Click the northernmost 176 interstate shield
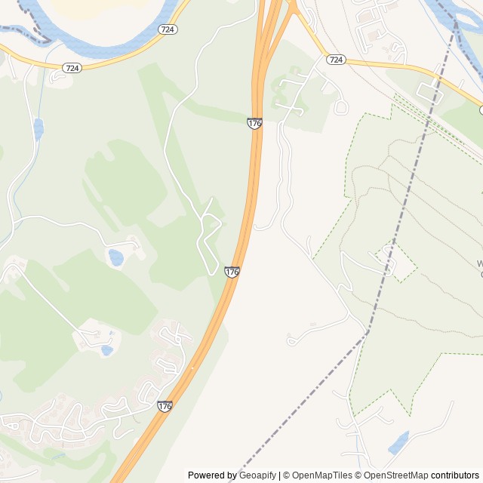[254, 122]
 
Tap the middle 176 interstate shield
[232, 271]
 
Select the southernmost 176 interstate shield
[165, 406]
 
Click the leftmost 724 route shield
[72, 68]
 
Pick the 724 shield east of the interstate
[337, 60]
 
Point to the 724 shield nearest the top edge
[168, 29]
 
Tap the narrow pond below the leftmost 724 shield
[38, 129]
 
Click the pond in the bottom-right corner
[398, 443]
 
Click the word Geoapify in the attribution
[257, 475]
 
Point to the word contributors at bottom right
[455, 475]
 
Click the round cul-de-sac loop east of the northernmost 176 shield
[340, 107]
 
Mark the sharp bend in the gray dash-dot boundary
[369, 330]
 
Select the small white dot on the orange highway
[192, 368]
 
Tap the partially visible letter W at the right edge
[479, 264]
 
